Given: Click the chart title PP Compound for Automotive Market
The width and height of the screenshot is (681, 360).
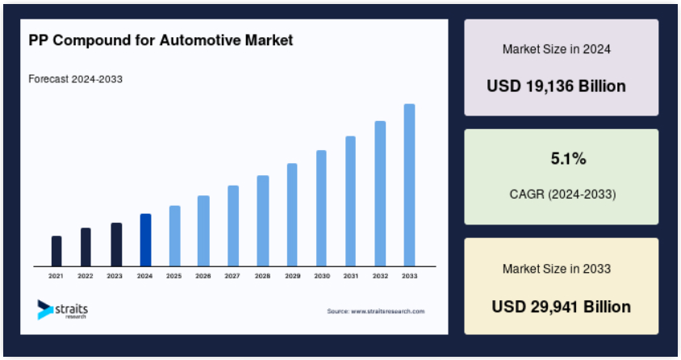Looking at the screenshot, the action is pyautogui.click(x=161, y=40).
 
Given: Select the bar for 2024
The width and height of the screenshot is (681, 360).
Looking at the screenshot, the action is pyautogui.click(x=145, y=240).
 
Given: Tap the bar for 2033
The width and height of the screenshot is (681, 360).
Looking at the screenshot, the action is pyautogui.click(x=409, y=185).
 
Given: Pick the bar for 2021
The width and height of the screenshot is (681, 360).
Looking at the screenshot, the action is pyautogui.click(x=56, y=251).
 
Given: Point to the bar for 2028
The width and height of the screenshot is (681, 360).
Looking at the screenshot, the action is pyautogui.click(x=263, y=220).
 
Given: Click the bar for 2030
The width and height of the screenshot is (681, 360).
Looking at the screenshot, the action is pyautogui.click(x=321, y=208).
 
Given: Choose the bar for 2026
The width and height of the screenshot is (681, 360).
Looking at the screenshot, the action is pyautogui.click(x=203, y=231).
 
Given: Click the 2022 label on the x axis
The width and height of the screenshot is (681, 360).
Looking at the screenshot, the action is pyautogui.click(x=86, y=276).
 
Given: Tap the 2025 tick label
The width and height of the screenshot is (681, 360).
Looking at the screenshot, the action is pyautogui.click(x=173, y=276).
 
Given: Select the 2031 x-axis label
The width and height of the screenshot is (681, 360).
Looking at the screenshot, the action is pyautogui.click(x=351, y=276).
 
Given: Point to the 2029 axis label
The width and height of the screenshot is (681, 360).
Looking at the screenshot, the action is pyautogui.click(x=292, y=276).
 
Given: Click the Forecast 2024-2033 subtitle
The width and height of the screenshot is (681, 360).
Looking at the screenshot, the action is pyautogui.click(x=76, y=79).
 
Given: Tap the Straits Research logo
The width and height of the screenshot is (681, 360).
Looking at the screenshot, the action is pyautogui.click(x=63, y=310).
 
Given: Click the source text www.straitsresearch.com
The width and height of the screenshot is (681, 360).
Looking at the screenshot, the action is pyautogui.click(x=388, y=312).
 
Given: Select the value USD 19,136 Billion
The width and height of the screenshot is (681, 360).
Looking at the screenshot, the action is pyautogui.click(x=557, y=86).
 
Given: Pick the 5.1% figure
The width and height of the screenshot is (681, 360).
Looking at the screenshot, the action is pyautogui.click(x=569, y=159).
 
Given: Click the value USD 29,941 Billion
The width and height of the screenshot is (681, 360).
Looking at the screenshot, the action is pyautogui.click(x=561, y=307).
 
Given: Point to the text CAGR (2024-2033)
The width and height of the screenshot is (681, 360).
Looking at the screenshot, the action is pyautogui.click(x=563, y=194).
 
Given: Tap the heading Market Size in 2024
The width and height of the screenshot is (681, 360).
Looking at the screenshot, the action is pyautogui.click(x=557, y=49).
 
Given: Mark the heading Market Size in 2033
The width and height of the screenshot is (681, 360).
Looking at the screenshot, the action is pyautogui.click(x=557, y=269).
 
